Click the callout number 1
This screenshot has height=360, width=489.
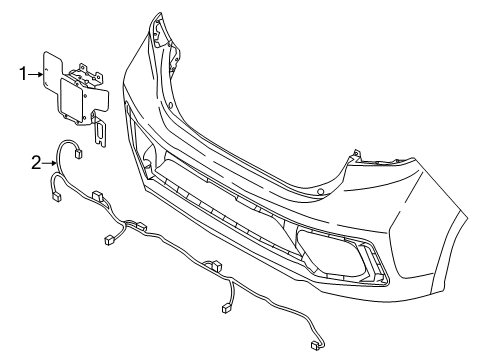(21, 72)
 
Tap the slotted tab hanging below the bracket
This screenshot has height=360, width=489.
(100, 129)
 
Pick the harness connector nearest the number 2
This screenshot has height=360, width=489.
(78, 154)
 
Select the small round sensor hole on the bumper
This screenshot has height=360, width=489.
(321, 189)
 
